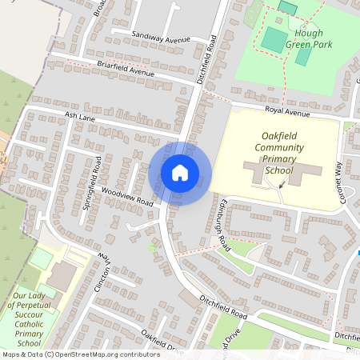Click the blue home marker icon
(180, 172)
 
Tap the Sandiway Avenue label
(161, 38)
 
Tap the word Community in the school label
(279, 147)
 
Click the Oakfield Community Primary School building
(280, 172)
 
